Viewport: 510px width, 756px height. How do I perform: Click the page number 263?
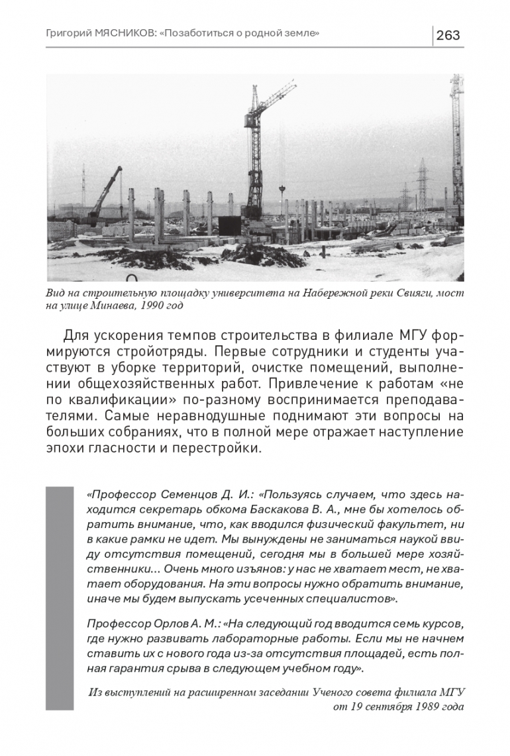pyautogui.click(x=448, y=35)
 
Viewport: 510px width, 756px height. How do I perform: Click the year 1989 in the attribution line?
pyautogui.click(x=417, y=706)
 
